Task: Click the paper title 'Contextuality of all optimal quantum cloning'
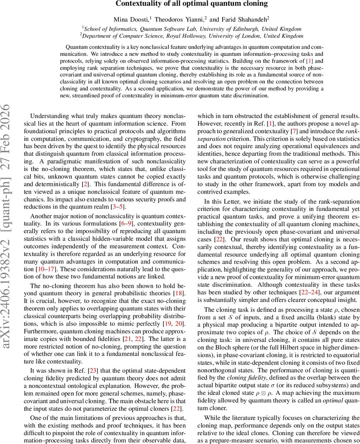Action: [x=180, y=4]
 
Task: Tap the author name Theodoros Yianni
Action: [x=173, y=18]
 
